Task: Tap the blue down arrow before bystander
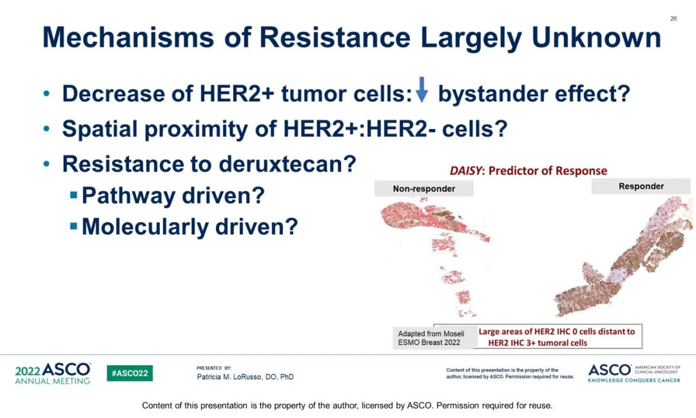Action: click(x=421, y=90)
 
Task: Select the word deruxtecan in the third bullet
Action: click(x=287, y=164)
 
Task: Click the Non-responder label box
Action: click(x=424, y=188)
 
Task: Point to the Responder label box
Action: click(x=641, y=186)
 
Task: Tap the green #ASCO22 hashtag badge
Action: click(x=130, y=373)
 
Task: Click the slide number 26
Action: click(x=673, y=19)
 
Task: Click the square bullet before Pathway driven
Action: click(x=73, y=195)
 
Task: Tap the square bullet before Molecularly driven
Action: click(x=73, y=226)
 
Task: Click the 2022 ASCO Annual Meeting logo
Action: click(x=53, y=373)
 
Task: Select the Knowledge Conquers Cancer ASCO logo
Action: click(x=634, y=373)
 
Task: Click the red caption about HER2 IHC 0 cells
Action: click(x=557, y=337)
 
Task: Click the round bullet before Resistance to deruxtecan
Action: click(x=47, y=164)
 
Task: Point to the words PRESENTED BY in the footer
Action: click(x=214, y=368)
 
